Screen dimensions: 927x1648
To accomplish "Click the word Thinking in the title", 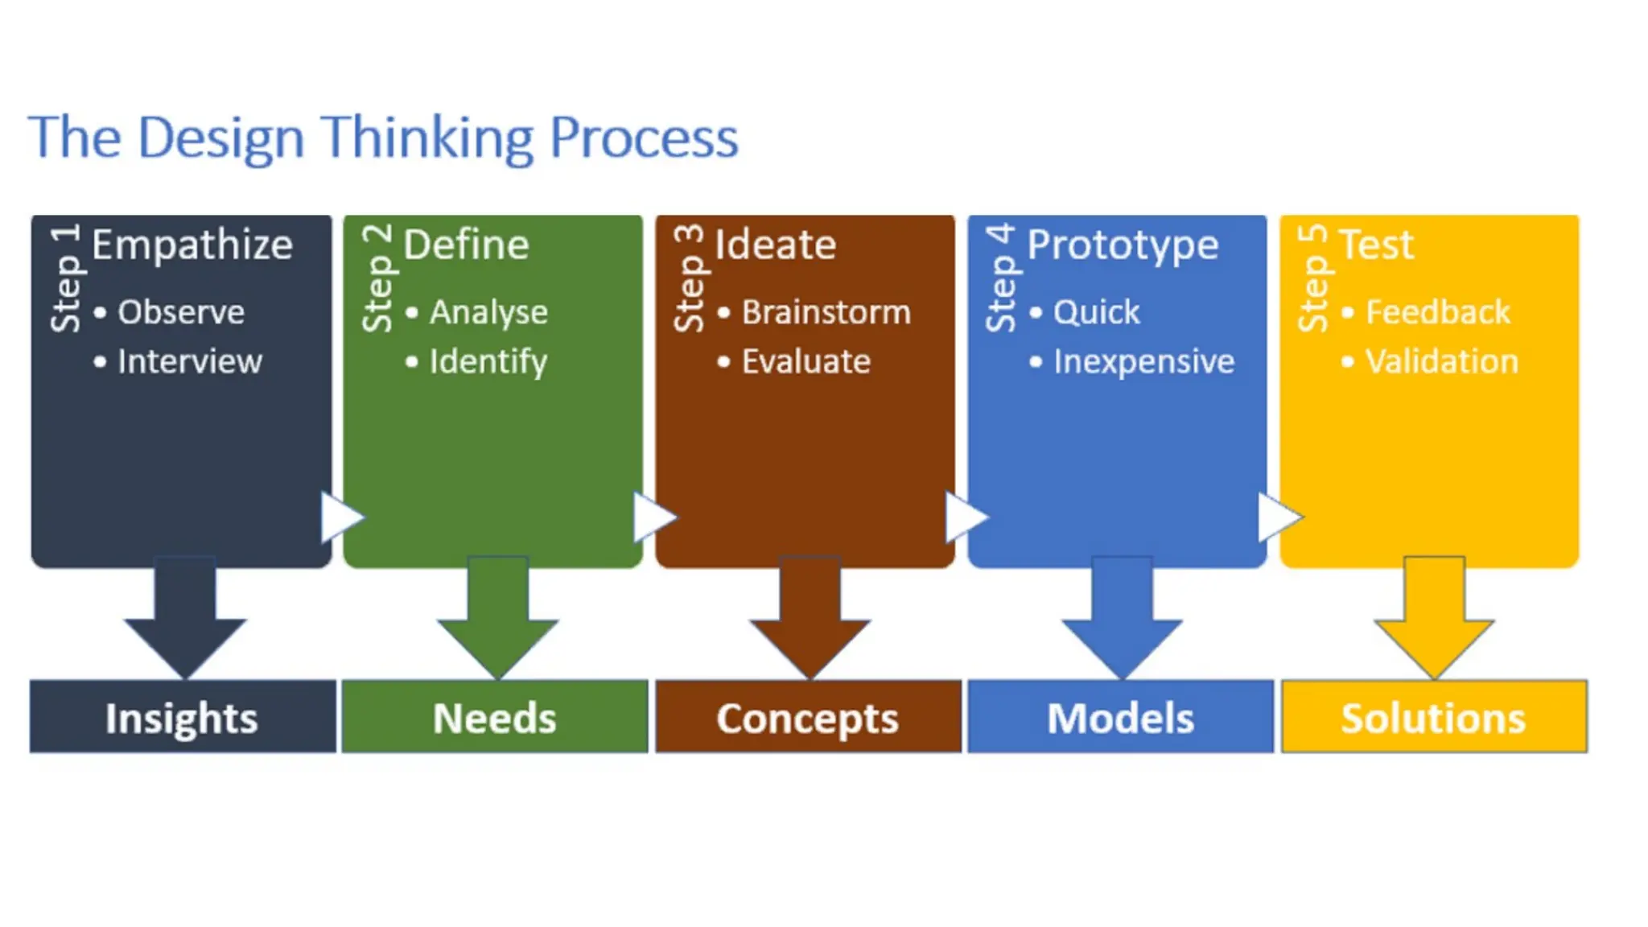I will (427, 138).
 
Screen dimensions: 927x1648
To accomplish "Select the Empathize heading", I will (192, 245).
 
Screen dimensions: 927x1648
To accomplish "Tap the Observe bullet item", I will (180, 312).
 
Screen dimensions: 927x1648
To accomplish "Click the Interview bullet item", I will (189, 361).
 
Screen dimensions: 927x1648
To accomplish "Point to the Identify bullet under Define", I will (488, 361).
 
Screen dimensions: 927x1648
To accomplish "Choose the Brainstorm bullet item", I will (826, 312).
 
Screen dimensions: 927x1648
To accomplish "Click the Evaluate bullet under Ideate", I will (805, 361).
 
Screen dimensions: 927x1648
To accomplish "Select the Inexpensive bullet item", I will (1143, 361).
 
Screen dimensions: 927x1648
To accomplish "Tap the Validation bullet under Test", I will (1441, 361).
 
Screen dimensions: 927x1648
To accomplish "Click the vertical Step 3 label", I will (689, 278).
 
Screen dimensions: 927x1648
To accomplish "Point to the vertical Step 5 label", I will (1313, 278).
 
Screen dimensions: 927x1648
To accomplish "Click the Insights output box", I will (183, 717).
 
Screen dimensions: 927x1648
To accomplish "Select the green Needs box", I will (495, 717).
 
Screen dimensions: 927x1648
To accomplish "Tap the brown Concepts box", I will (808, 717).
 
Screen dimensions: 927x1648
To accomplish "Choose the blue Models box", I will (1120, 717).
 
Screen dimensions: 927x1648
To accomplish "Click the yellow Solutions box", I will (1434, 717).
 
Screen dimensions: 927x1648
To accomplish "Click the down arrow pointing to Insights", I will (185, 624).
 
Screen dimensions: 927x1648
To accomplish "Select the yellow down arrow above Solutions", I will (1434, 624).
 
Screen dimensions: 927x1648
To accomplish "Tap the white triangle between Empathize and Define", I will (338, 517).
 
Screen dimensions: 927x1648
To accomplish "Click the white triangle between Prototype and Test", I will (1275, 517).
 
